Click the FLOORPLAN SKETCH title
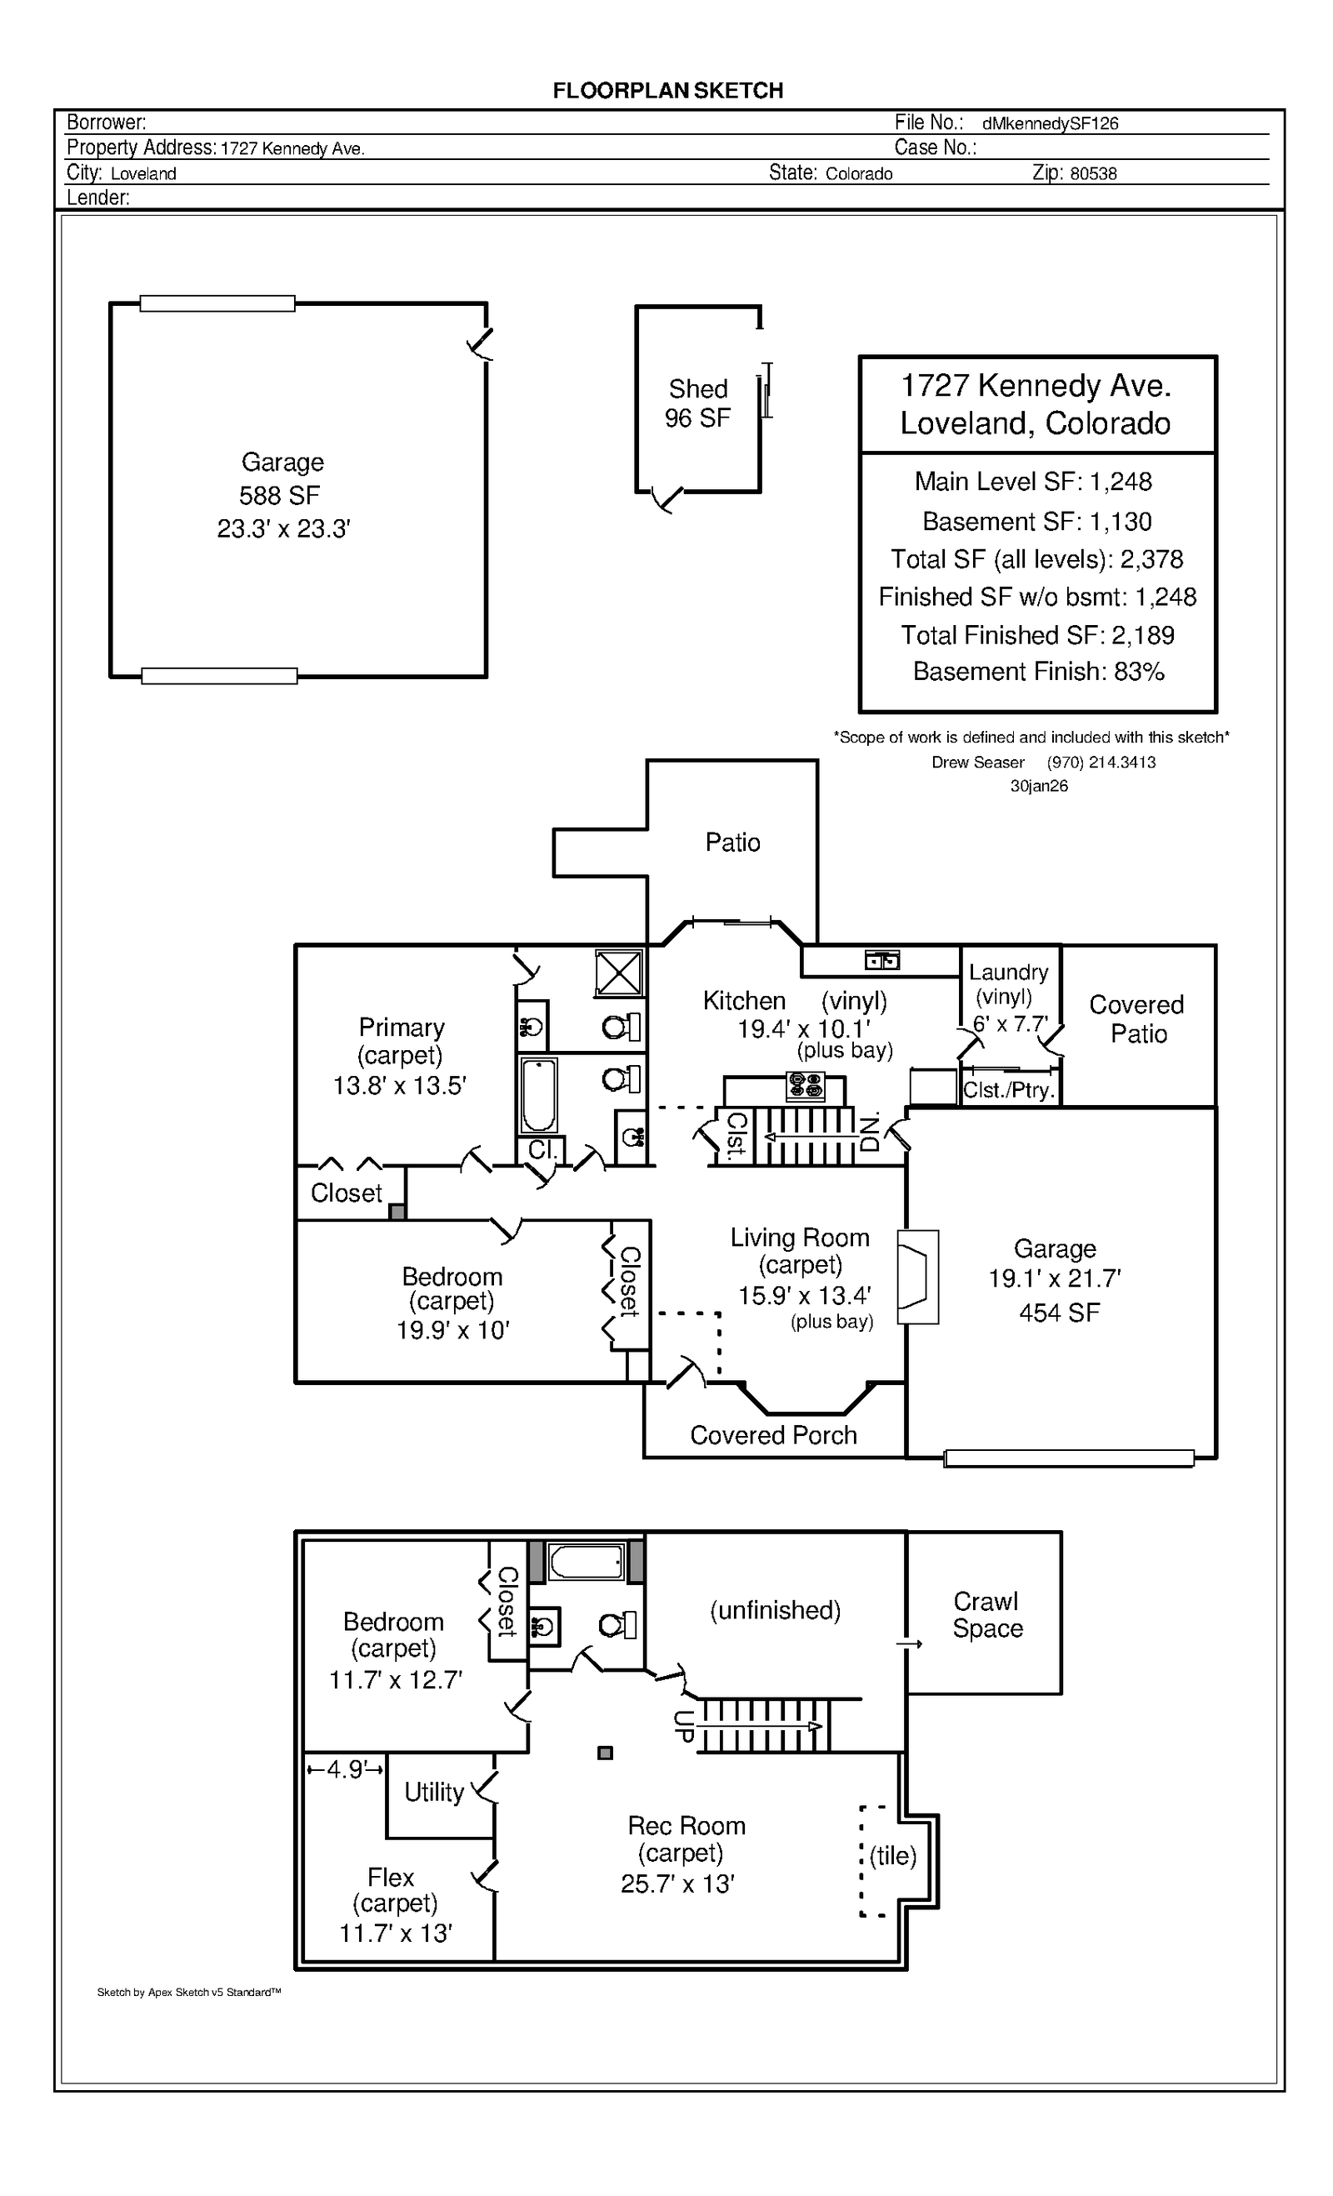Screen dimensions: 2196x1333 click(667, 91)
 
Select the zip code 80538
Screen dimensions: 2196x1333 click(1092, 174)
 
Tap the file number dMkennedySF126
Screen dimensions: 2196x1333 click(1050, 124)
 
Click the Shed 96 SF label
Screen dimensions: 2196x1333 click(697, 403)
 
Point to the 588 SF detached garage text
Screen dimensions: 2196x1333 click(279, 496)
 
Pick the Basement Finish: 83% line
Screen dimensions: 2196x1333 click(1038, 672)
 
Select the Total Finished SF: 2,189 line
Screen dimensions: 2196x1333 click(1037, 634)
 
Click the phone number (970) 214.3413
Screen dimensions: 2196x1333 click(1101, 762)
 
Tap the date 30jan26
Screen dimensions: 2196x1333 click(1039, 786)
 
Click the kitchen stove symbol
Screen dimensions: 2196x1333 click(806, 1087)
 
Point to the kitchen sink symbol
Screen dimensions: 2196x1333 click(882, 960)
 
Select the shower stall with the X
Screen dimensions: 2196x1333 click(618, 973)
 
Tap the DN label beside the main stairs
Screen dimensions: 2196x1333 click(870, 1132)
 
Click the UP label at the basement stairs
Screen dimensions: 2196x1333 click(683, 1726)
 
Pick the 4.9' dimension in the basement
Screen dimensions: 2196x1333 click(345, 1769)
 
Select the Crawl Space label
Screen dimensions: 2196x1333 click(986, 1614)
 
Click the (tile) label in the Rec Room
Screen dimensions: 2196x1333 click(893, 1855)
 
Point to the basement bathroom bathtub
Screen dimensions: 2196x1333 click(586, 1562)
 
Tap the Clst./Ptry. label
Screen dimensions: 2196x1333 click(1009, 1090)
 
